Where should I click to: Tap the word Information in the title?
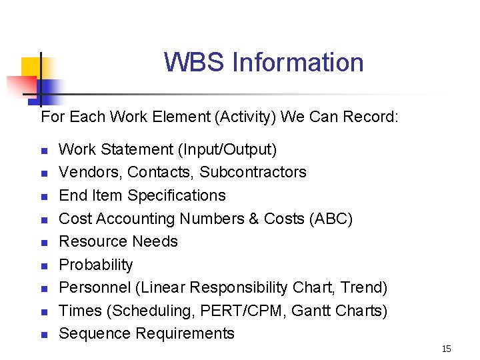coord(297,63)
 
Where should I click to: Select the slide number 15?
coord(446,349)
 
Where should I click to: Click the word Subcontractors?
coord(253,172)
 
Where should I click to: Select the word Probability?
coord(96,265)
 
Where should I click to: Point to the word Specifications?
coord(177,195)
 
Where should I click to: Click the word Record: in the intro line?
coord(371,117)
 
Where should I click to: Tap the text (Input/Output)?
coord(227,149)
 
